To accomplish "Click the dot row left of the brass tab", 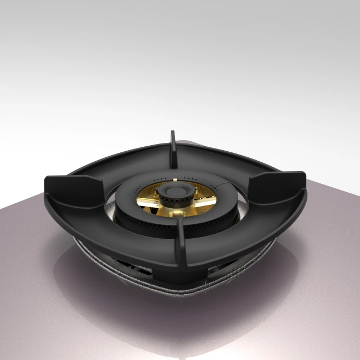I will coord(160,180).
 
